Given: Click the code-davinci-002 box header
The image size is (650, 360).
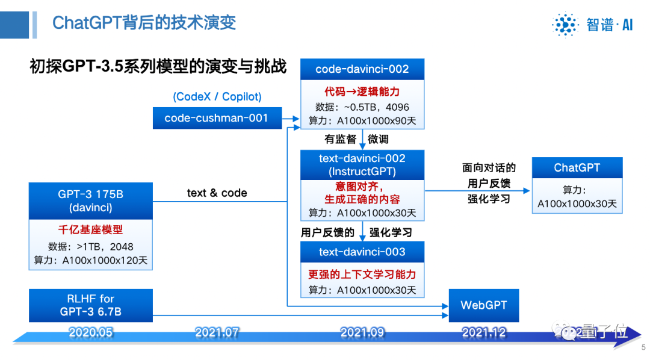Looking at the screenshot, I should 362,69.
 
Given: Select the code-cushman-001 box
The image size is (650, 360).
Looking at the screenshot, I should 216,118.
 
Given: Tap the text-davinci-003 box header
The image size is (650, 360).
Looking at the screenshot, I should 362,252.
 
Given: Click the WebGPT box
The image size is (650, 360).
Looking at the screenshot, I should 483,305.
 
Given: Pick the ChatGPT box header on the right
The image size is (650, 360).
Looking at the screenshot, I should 577,168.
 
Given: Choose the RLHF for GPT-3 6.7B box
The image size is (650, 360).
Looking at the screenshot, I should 90,305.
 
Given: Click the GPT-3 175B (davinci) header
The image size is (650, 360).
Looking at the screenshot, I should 90,201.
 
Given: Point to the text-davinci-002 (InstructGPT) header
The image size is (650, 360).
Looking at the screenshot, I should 362,165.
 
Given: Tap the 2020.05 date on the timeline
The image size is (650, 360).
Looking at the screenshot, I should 91,332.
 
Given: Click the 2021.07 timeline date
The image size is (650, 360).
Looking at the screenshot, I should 217,332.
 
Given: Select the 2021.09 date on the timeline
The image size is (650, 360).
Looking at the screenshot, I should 362,332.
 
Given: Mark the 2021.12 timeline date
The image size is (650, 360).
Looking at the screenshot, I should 484,332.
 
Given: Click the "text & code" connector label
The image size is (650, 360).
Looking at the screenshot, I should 217,193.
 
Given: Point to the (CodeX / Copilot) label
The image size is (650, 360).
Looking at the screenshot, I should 217,97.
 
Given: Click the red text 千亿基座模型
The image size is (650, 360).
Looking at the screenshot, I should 90,230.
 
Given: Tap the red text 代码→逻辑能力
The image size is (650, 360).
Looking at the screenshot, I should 362,92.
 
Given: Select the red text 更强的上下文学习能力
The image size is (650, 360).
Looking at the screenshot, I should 362,274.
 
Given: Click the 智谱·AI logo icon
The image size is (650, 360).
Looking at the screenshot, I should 565,25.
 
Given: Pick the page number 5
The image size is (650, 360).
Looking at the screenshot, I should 643,347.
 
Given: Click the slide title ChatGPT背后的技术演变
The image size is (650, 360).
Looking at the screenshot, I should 144,23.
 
